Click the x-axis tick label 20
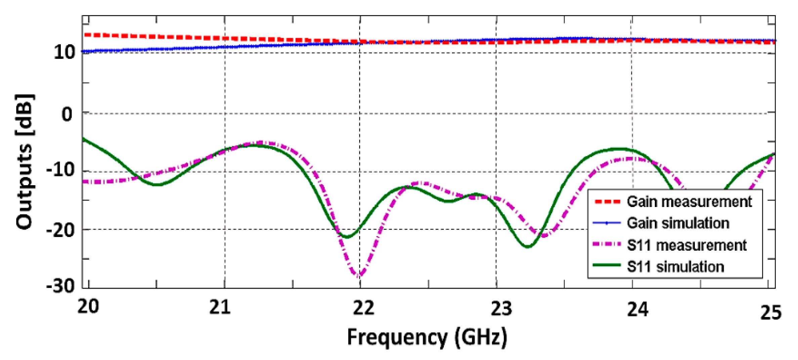point(88,307)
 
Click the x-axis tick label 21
point(220,307)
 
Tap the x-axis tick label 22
point(363,308)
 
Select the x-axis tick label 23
point(501,308)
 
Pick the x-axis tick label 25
point(771,313)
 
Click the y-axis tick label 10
point(64,52)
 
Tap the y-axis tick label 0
point(67,115)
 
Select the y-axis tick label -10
point(60,170)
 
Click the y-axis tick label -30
point(60,287)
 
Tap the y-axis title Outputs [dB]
point(25,162)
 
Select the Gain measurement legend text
point(689,202)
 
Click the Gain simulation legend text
point(678,223)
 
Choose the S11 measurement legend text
point(686,245)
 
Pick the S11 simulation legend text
point(675,267)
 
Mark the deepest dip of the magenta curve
point(360,276)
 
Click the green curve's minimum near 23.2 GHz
point(528,247)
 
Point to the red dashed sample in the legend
point(607,202)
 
